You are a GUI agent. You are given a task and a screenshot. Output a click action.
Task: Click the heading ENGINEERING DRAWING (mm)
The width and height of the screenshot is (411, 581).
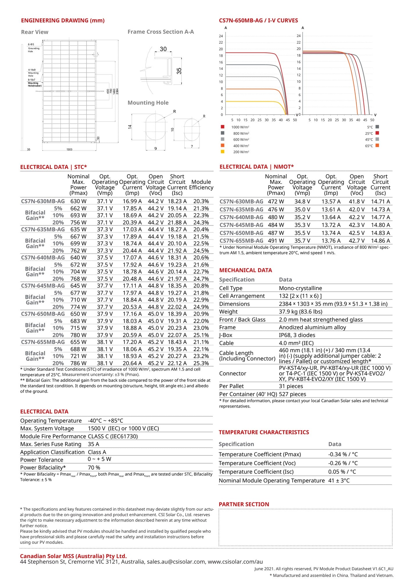(x=62, y=20)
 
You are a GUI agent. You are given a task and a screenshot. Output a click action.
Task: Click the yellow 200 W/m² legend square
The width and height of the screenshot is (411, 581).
(x=223, y=151)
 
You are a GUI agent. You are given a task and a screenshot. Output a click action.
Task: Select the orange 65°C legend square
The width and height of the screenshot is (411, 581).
(x=377, y=145)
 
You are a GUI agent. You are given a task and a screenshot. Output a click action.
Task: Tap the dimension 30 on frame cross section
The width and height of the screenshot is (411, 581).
(x=163, y=49)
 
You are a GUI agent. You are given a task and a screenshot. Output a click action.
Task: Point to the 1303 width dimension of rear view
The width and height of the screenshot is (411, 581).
(x=69, y=149)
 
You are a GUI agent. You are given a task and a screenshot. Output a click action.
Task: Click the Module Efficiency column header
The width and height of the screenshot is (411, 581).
(x=201, y=185)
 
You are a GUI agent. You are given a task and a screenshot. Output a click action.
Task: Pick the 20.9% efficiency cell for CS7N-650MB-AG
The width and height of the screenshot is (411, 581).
(x=201, y=314)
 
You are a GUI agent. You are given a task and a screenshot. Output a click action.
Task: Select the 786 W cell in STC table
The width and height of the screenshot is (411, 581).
(x=78, y=363)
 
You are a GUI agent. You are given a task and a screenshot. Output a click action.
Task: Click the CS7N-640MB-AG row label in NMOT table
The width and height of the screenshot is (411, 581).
(x=241, y=217)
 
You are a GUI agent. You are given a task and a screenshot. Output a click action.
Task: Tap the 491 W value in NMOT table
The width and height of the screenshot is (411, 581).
(x=276, y=241)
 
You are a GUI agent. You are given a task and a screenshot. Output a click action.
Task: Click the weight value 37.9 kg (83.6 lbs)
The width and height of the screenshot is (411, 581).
(x=301, y=312)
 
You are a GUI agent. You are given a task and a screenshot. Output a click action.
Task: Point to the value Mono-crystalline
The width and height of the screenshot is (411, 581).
(x=300, y=288)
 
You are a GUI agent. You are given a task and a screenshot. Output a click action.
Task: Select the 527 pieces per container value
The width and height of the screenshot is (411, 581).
(x=292, y=394)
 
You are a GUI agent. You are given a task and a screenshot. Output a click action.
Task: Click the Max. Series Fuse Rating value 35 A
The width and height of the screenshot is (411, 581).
(x=94, y=444)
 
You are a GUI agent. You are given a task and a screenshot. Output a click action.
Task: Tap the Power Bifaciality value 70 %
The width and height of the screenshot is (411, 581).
(x=94, y=467)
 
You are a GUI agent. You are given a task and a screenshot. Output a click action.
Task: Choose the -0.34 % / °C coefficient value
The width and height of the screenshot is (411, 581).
(x=343, y=454)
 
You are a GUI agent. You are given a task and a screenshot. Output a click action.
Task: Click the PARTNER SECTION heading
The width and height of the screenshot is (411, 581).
(x=244, y=504)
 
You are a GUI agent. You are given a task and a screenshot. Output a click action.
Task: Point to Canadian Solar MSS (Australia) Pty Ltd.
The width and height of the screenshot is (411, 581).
(x=73, y=556)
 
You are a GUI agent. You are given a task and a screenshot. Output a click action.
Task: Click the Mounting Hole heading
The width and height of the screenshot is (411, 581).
(x=148, y=103)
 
